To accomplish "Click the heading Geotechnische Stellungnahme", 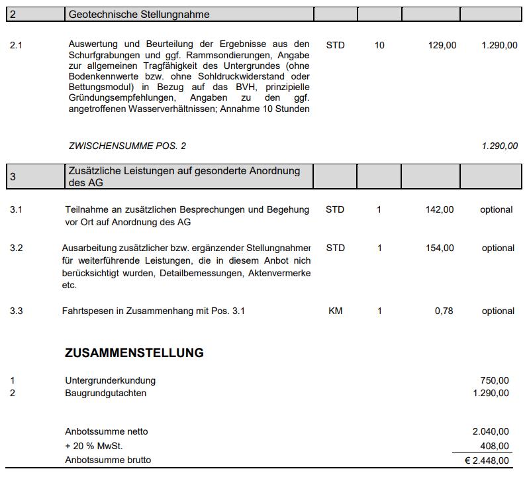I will coord(139,15).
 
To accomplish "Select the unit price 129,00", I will coord(442,46).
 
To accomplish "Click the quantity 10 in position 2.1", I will coord(379,46).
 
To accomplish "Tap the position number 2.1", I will coord(17,46).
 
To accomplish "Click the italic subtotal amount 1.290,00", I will coord(499,146).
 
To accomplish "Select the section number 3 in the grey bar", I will coord(13,177).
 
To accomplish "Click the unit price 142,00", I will coord(440,210).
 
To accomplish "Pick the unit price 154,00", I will coord(440,248).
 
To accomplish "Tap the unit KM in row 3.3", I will coord(336,311).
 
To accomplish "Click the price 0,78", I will coord(444,311).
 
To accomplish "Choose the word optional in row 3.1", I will coord(497,210).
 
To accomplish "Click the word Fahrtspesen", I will coord(86,311).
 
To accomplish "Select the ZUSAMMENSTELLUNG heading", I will coord(134,353).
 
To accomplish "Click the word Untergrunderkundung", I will coord(111,381).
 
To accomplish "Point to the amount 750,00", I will coord(495,381).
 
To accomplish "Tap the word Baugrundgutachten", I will coord(106,394).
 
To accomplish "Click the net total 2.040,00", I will coord(491,432).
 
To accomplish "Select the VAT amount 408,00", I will coord(495,447).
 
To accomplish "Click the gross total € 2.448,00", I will coord(487,460).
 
